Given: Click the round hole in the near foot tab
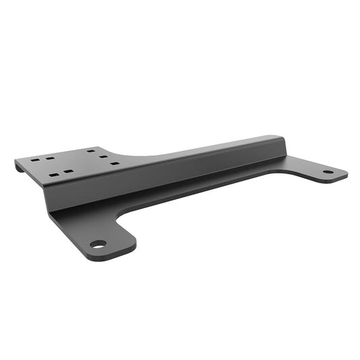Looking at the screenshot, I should tap(99, 244).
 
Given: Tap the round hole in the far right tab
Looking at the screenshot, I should tap(328, 172).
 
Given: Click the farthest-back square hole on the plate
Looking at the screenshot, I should tap(90, 151).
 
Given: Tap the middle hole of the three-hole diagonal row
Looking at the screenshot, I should tap(103, 157).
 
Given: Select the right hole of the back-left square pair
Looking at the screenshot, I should tap(50, 157).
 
